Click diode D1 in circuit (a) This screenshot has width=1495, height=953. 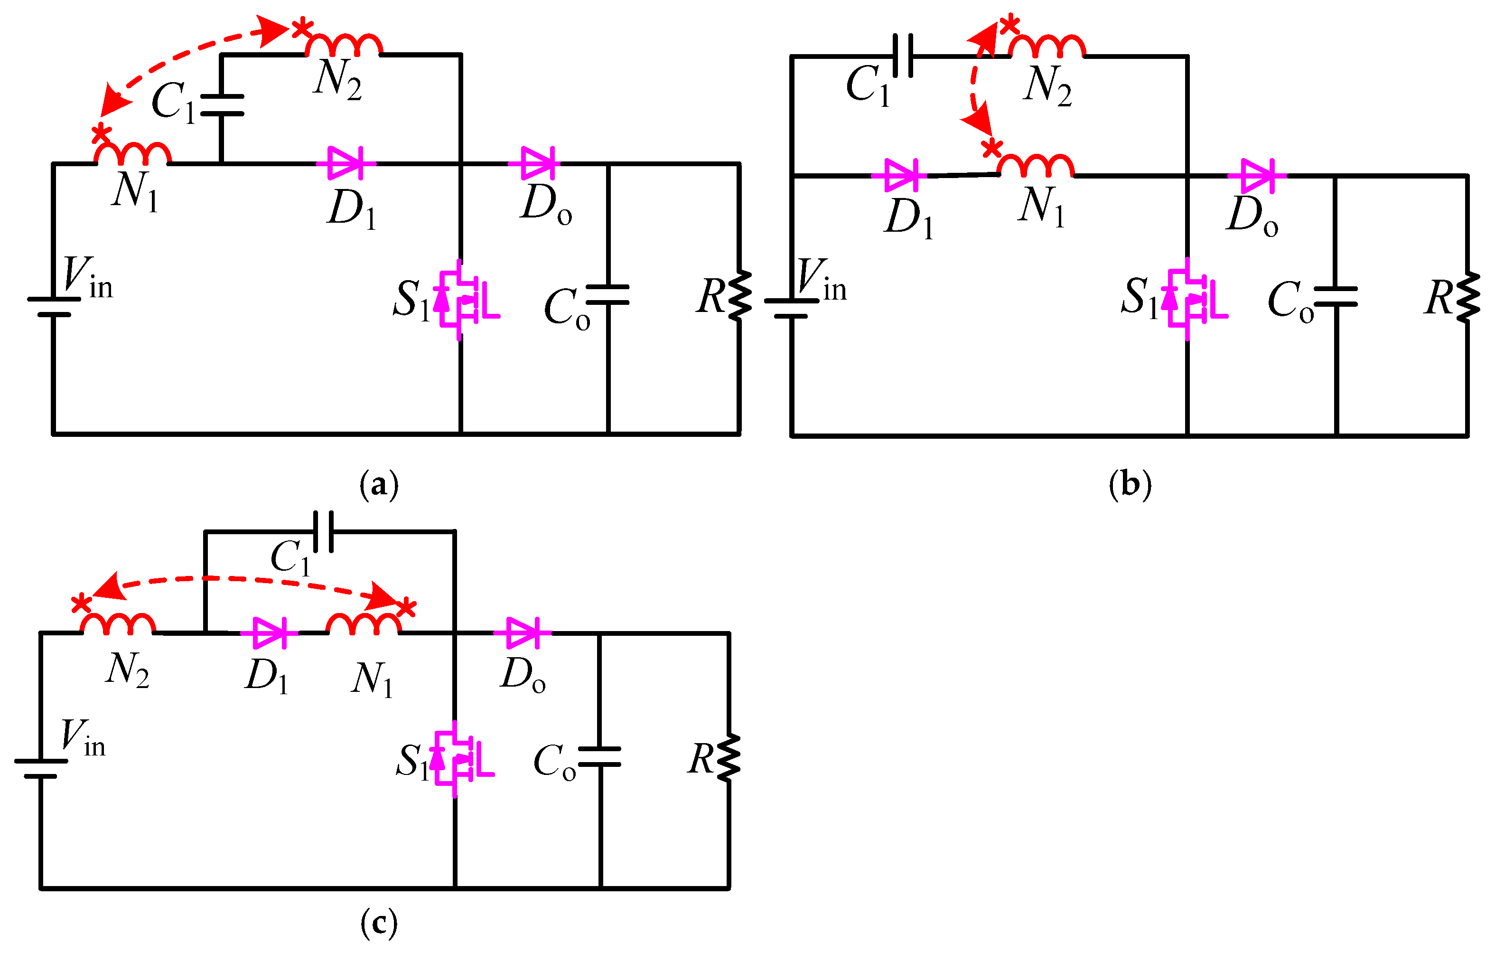click(345, 163)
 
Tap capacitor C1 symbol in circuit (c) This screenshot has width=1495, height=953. click(323, 532)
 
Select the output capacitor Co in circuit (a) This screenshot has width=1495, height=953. click(607, 295)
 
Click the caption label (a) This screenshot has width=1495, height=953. click(379, 485)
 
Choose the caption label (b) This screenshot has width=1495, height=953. click(1130, 485)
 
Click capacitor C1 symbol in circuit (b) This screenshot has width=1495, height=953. click(903, 56)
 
